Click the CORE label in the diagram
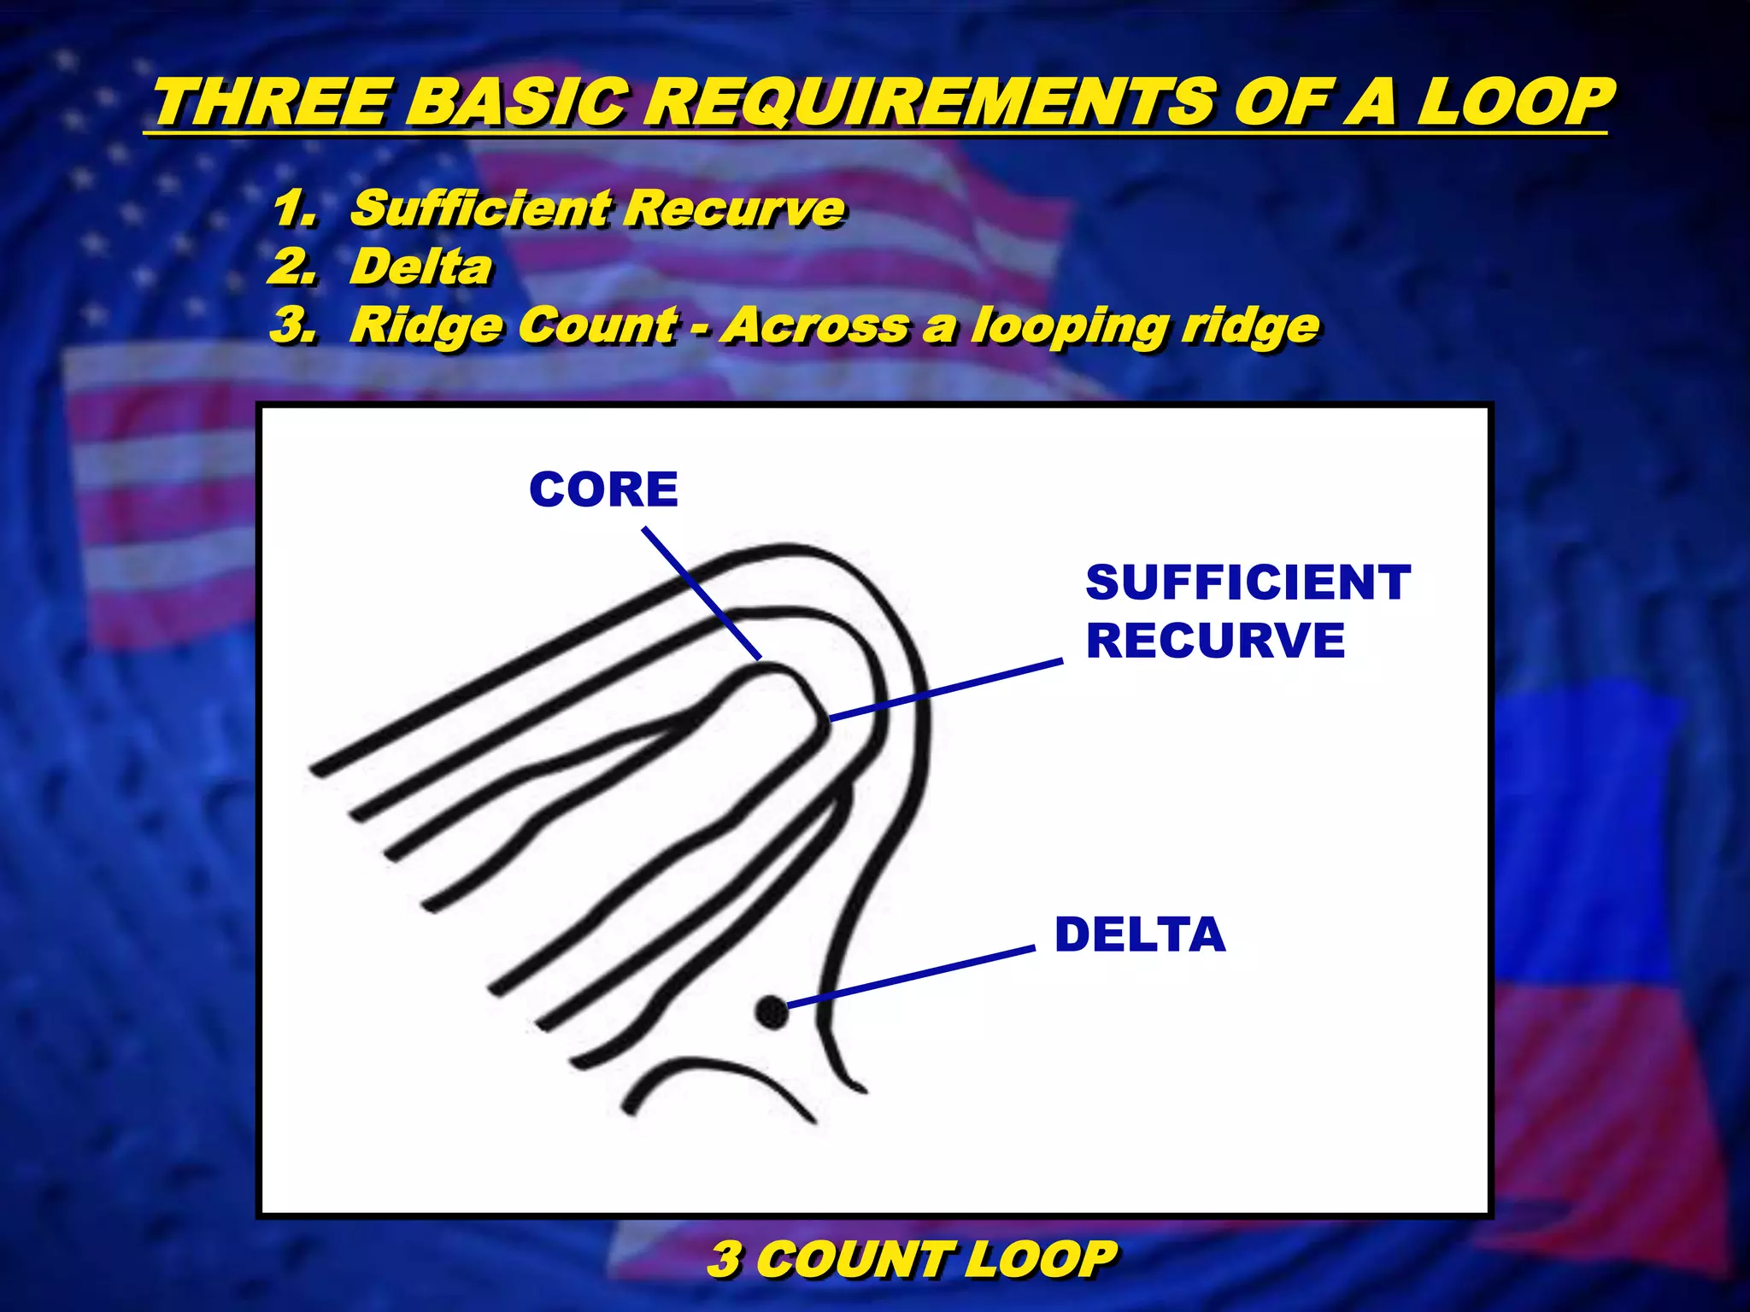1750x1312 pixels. (603, 490)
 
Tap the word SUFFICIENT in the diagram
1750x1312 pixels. (1248, 583)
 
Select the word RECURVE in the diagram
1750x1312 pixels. (1215, 641)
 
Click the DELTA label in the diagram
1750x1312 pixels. (1140, 934)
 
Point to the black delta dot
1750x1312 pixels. (772, 1012)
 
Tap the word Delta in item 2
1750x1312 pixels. (421, 267)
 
